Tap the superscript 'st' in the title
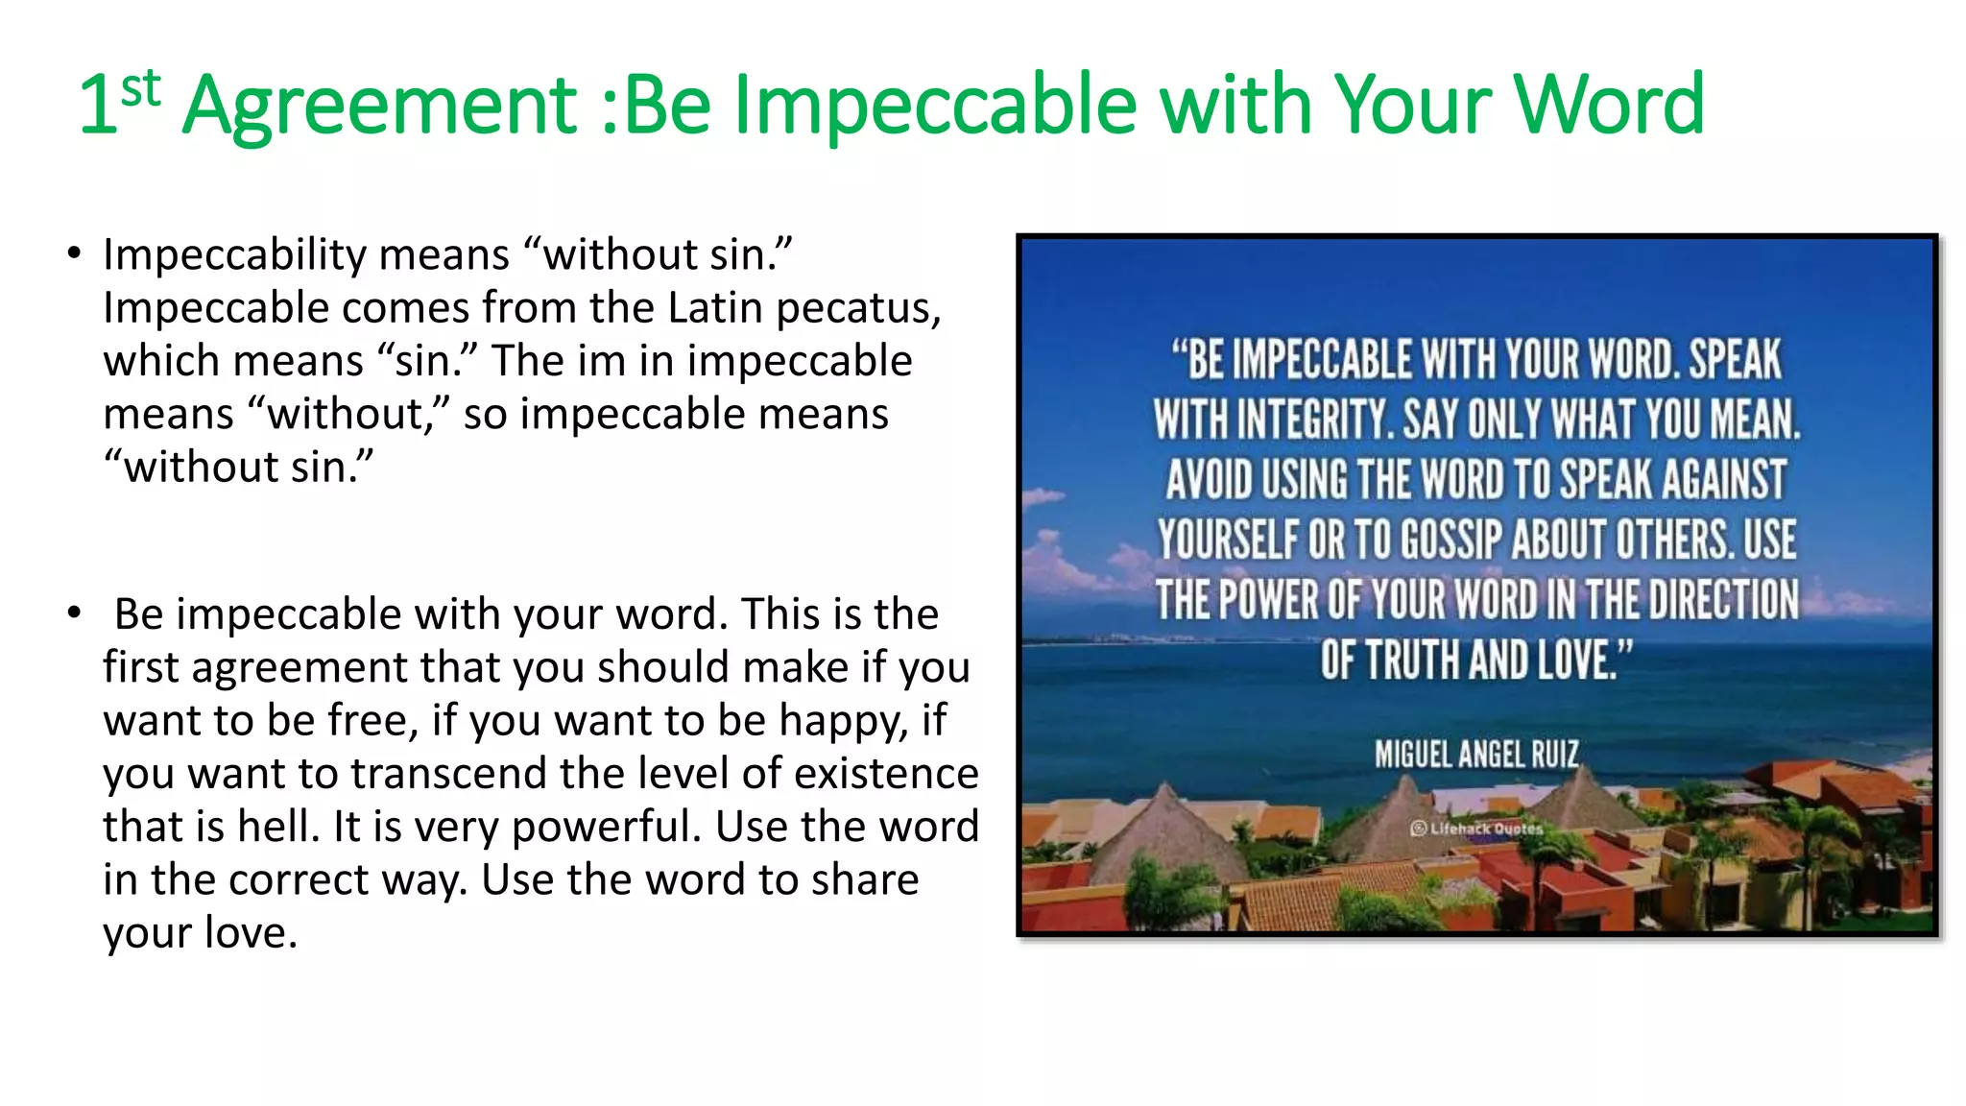[x=140, y=89]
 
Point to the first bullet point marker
[x=74, y=254]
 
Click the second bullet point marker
[x=74, y=613]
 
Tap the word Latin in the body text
[x=715, y=308]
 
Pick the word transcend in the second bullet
[x=448, y=774]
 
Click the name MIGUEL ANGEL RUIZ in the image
[x=1476, y=755]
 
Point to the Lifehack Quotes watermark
[x=1477, y=828]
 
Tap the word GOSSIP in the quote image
[x=1451, y=540]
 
